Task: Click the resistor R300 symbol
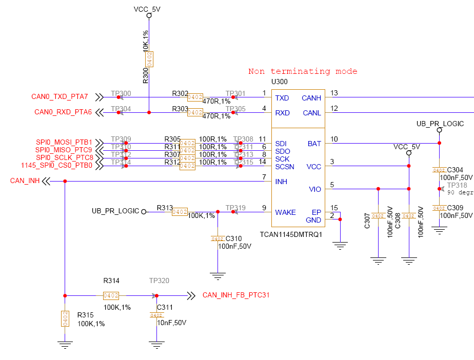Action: (x=149, y=59)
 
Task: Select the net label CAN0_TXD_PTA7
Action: (x=60, y=96)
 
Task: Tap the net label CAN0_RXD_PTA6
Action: (x=63, y=112)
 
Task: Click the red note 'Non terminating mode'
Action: (x=303, y=71)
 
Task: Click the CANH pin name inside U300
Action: (x=311, y=98)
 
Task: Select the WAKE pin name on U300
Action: (x=285, y=212)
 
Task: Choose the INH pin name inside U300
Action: (x=281, y=182)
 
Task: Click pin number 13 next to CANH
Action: (x=334, y=93)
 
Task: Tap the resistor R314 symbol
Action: (x=111, y=295)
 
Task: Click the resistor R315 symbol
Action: (x=65, y=318)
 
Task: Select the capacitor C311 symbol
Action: (x=156, y=315)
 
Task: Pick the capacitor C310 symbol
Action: (x=218, y=238)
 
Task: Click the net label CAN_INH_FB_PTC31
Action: (x=236, y=295)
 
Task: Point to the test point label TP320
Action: (x=159, y=281)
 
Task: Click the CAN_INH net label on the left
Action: (x=25, y=181)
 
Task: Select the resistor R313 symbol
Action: (x=180, y=211)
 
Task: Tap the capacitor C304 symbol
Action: (x=439, y=170)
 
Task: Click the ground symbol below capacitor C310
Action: (x=218, y=276)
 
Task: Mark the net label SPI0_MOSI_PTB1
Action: (x=64, y=142)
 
